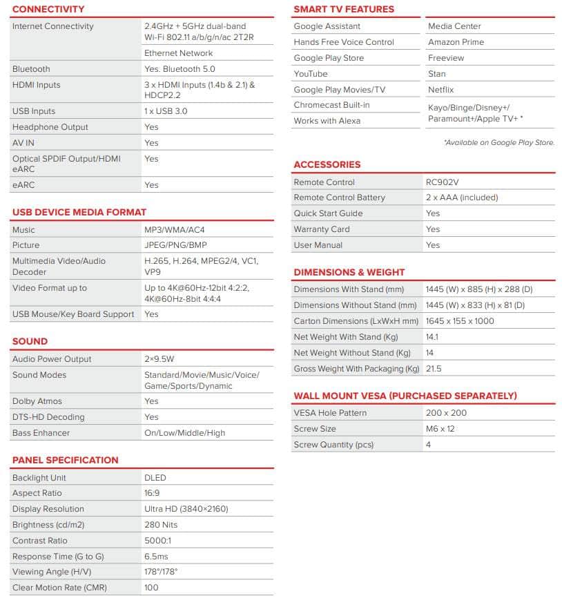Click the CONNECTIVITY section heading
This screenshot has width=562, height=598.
[x=48, y=9]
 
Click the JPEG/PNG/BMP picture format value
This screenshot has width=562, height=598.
[x=175, y=245]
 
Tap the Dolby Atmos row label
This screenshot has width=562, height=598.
[x=37, y=401]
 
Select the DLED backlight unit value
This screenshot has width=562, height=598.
[x=155, y=478]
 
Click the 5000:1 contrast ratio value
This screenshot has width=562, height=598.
[x=158, y=541]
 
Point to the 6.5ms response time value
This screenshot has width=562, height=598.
[x=156, y=557]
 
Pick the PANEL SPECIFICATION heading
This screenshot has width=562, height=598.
[x=65, y=460]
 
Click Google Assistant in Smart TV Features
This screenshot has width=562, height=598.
[x=327, y=26]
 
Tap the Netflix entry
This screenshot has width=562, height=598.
[x=440, y=90]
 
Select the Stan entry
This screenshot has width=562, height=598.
[x=436, y=74]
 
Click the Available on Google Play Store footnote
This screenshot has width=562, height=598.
[x=498, y=142]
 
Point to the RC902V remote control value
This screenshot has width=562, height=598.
[x=443, y=182]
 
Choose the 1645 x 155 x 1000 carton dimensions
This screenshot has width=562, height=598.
[x=460, y=321]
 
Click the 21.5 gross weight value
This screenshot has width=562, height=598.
[x=434, y=369]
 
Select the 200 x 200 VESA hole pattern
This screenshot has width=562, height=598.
[x=446, y=413]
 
